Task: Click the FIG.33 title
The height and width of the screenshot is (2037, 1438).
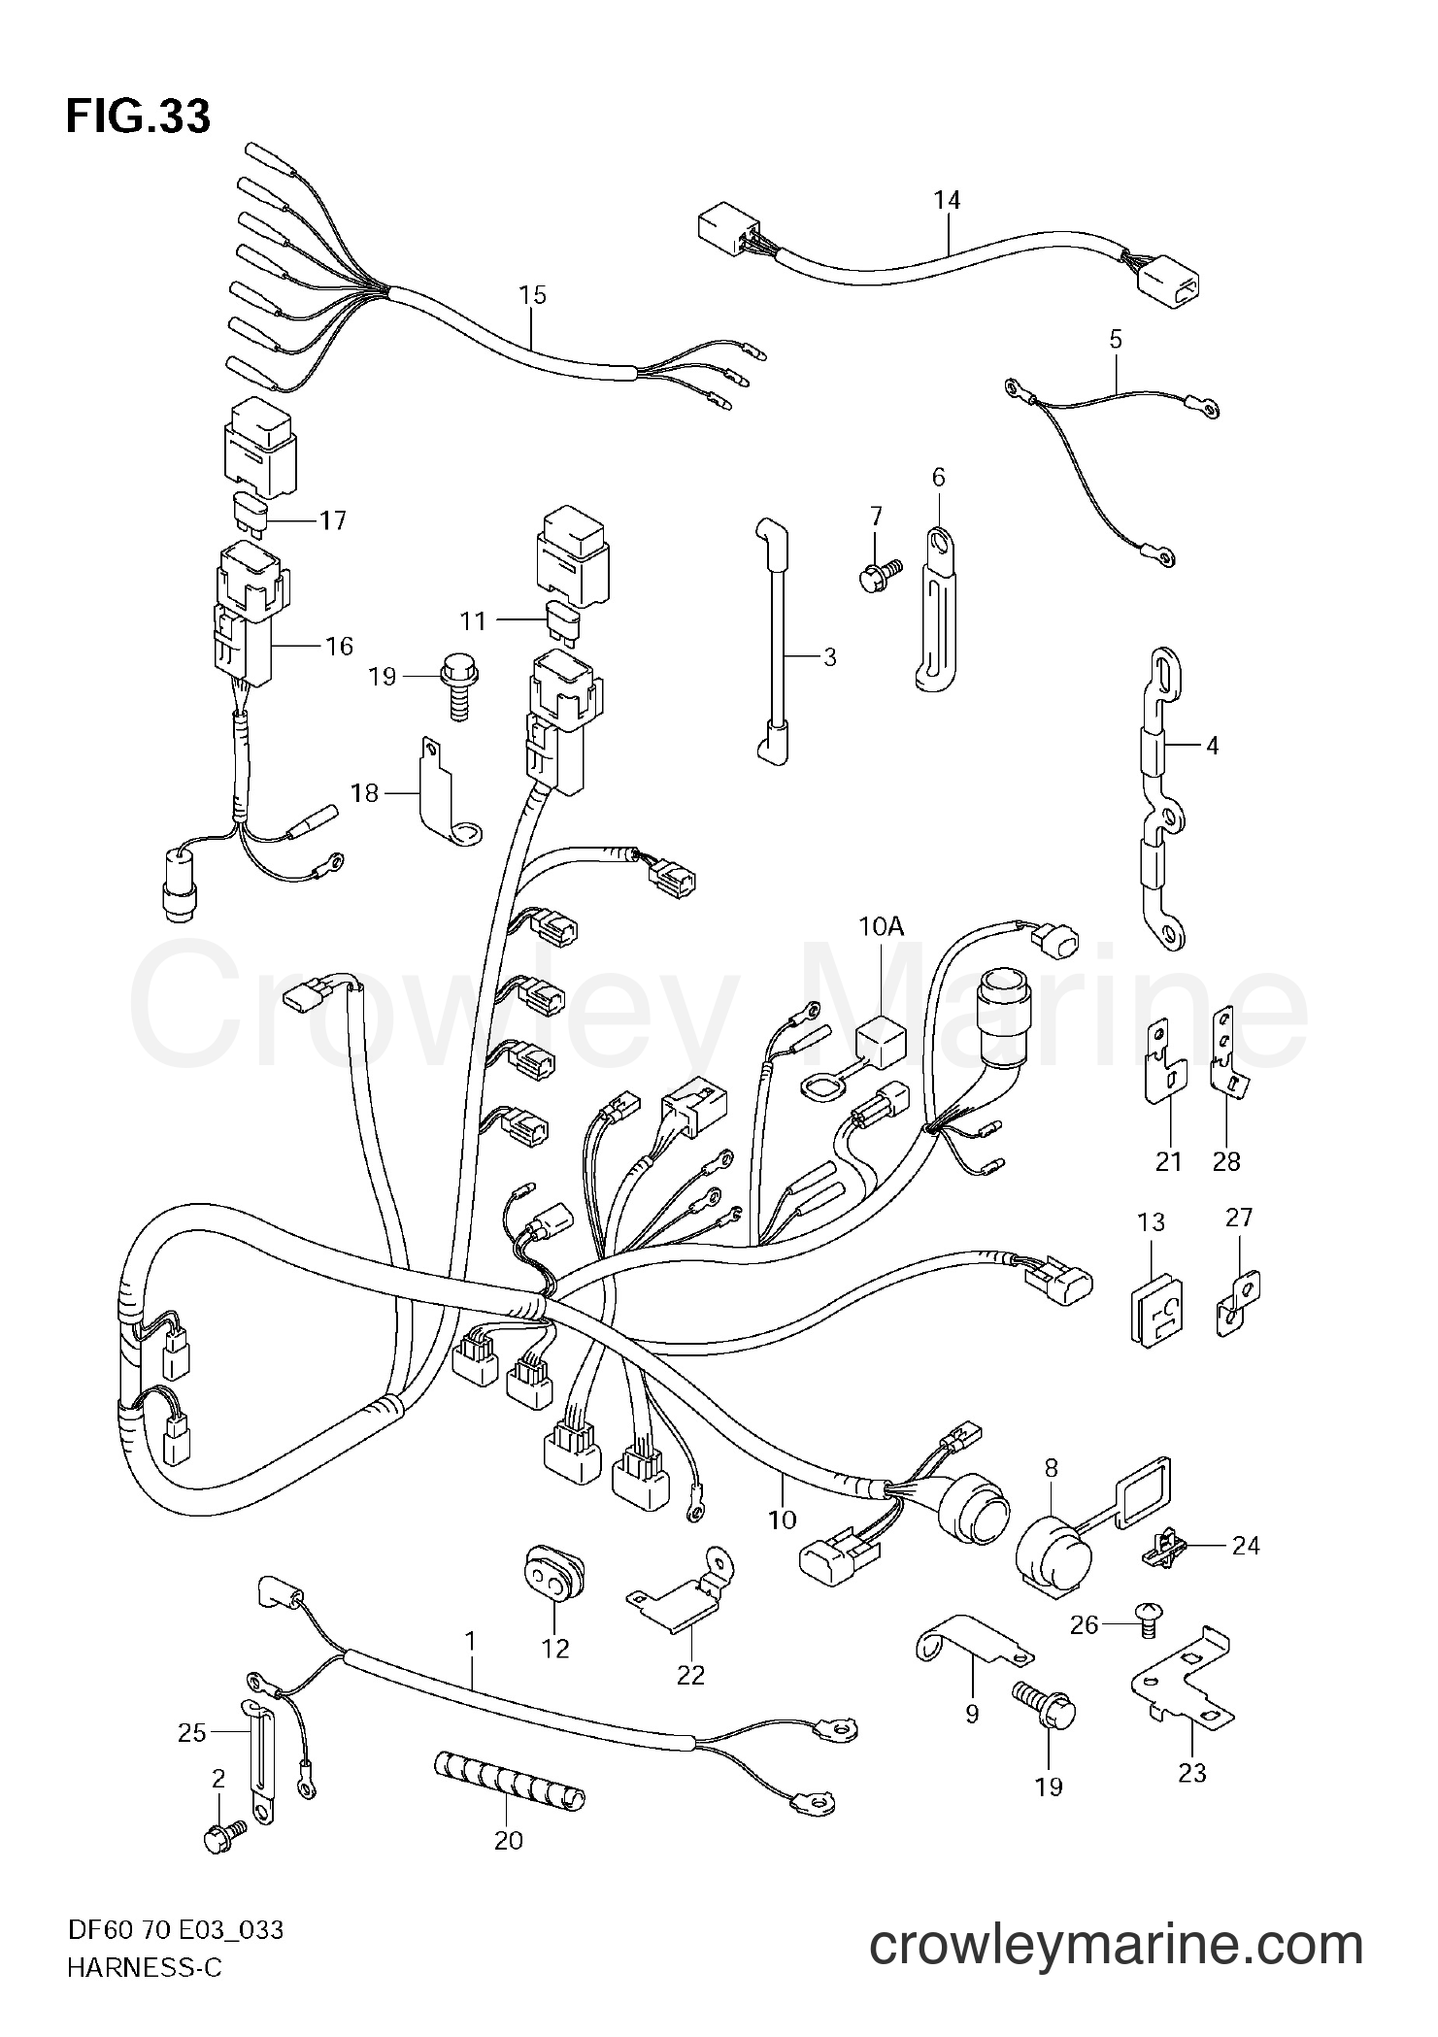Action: (137, 117)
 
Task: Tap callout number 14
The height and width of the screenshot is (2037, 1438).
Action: (947, 200)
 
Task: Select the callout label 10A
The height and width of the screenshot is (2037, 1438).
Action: (881, 927)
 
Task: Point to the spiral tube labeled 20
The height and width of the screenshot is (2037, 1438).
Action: (509, 1781)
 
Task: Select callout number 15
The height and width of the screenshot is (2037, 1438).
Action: (532, 295)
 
